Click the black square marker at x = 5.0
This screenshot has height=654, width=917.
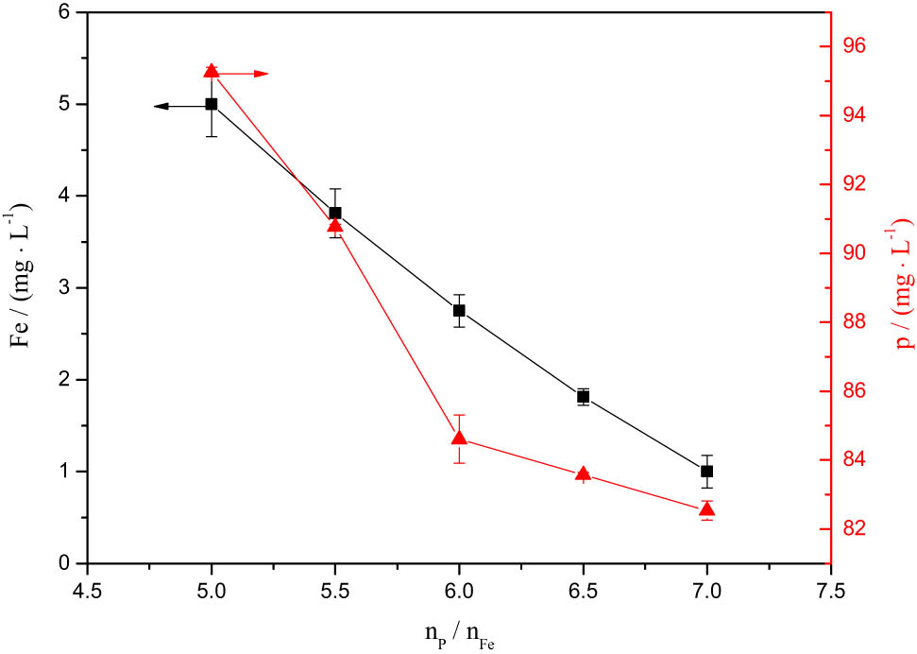coord(212,104)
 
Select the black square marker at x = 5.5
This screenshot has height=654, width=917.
coord(335,213)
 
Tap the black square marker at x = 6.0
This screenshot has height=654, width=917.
coord(459,310)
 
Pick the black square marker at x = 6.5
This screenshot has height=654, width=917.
coord(584,397)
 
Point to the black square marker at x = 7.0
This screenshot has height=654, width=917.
coord(707,471)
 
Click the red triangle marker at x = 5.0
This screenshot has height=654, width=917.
coord(212,71)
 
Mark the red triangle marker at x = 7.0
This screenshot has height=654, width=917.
coord(707,510)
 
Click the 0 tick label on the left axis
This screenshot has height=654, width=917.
coord(63,563)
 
